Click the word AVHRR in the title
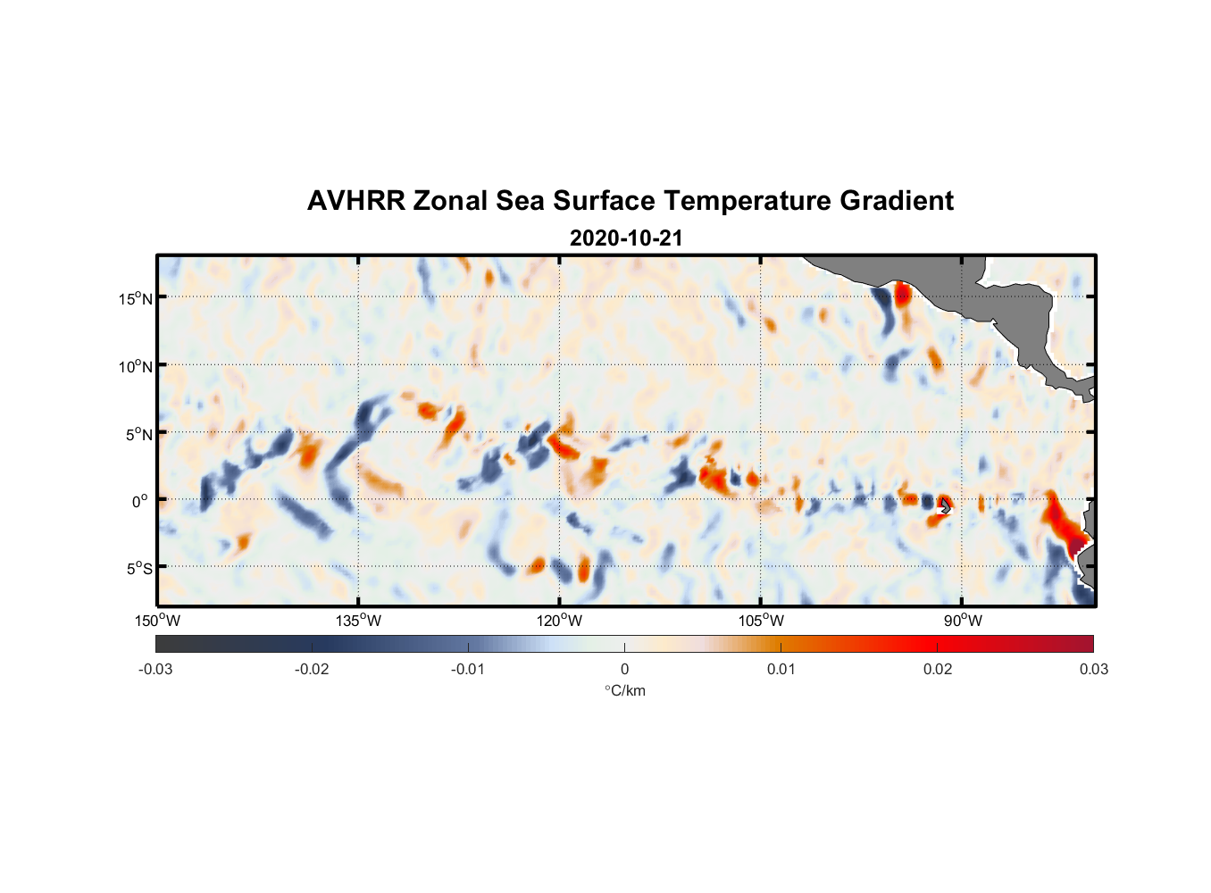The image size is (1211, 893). pos(355,201)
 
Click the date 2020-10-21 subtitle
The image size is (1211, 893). pos(626,238)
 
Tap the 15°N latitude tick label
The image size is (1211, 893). pos(136,298)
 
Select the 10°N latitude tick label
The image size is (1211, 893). pos(136,366)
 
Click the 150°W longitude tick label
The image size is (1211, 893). pos(158,621)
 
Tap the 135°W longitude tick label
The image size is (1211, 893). pos(359,621)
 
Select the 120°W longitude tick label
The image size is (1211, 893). pos(560,621)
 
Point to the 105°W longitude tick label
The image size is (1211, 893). pos(761,621)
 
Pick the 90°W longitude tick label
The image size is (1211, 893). pos(963,621)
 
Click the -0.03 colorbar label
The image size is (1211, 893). pos(155,669)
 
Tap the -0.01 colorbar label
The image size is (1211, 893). pos(468,669)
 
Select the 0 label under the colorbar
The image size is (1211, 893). pos(624,669)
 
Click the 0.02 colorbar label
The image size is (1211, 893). pos(938,669)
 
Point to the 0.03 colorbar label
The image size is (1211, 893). pos(1093,669)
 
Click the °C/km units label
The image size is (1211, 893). pos(625,690)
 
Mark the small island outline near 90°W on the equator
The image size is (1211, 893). pos(945,506)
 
